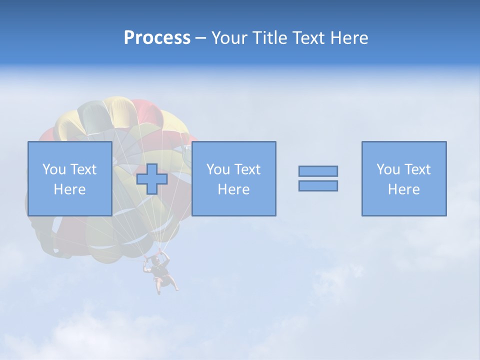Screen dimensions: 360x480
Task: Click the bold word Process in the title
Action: click(x=157, y=38)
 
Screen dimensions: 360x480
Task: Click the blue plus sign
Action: click(x=152, y=179)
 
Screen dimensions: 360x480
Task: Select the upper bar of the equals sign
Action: click(x=318, y=171)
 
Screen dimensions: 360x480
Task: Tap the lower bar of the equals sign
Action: click(x=318, y=185)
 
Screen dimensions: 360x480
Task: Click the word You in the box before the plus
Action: click(x=53, y=169)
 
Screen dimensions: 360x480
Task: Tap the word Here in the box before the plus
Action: click(x=69, y=189)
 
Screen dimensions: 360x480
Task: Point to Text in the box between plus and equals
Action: click(x=247, y=169)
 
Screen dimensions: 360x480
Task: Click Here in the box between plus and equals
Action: click(x=233, y=189)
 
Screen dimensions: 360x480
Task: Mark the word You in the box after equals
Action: click(x=387, y=169)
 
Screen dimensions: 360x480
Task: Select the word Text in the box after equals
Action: click(x=417, y=169)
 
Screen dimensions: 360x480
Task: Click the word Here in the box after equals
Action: click(x=403, y=189)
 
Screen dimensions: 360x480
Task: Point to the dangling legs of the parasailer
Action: click(x=165, y=285)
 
